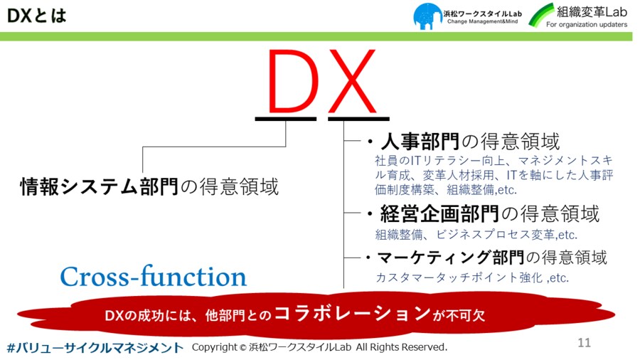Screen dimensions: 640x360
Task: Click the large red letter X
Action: pos(352,81)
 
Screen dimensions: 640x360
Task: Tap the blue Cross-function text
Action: pos(154,276)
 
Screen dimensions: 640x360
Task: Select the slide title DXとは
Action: pos(37,16)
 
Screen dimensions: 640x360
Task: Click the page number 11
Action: pos(584,342)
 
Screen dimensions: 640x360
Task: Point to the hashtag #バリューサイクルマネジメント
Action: pos(95,348)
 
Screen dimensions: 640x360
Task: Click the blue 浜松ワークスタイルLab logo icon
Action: pos(427,16)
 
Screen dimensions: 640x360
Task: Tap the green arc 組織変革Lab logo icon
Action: pos(541,15)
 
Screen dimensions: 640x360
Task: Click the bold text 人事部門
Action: pos(420,142)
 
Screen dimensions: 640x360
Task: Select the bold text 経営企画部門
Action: pos(439,213)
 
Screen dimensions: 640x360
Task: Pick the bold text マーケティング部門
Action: pos(451,258)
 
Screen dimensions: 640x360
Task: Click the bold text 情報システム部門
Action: pos(99,186)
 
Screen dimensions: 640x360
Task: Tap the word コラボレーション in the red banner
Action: pos(353,314)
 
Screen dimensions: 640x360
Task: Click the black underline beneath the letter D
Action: pos(286,119)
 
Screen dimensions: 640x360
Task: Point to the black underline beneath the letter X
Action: pos(359,119)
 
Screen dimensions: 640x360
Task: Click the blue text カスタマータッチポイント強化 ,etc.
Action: pos(472,277)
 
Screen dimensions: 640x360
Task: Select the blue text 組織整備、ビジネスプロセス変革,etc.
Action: pos(476,235)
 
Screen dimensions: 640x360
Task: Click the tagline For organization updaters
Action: pos(587,24)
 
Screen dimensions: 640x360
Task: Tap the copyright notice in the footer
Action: pos(319,347)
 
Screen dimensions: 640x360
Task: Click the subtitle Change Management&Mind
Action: pos(482,21)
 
